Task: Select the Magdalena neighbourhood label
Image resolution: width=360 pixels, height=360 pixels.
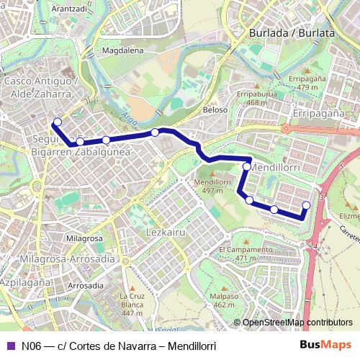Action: click(123, 50)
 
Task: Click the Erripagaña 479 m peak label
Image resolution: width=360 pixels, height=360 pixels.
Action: click(307, 82)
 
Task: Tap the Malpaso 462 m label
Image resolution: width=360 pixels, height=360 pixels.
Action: click(224, 300)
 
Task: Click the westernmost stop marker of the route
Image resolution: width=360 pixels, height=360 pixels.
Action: click(58, 122)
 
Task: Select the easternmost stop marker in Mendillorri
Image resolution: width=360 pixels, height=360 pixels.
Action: click(306, 205)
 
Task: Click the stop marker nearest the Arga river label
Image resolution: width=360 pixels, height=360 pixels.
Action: click(155, 132)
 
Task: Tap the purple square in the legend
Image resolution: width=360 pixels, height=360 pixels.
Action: click(10, 346)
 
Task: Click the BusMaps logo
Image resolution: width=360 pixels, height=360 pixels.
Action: click(325, 346)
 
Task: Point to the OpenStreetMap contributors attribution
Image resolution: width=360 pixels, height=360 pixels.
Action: click(297, 323)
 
